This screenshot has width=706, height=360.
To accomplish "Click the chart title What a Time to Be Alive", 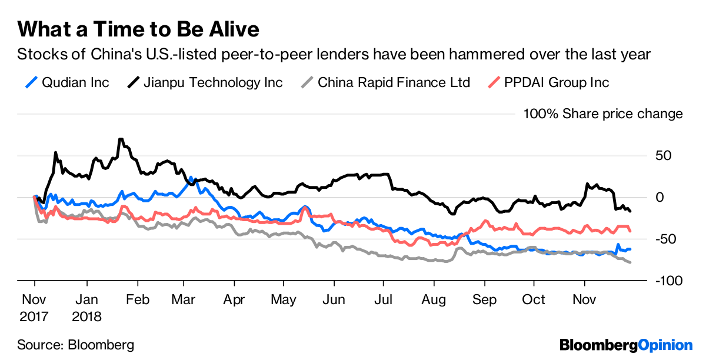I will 138,29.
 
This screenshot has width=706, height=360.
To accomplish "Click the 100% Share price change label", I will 603,114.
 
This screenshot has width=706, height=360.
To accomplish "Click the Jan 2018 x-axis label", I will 86,308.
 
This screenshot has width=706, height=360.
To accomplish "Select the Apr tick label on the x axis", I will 235,299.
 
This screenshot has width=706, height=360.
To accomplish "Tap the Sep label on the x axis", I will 484,299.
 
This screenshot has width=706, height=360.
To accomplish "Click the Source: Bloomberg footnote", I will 75,345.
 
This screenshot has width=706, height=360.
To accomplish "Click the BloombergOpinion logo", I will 625,344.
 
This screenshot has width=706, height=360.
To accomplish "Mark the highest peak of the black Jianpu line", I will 121,139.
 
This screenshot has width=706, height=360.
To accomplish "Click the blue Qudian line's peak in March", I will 191,177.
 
